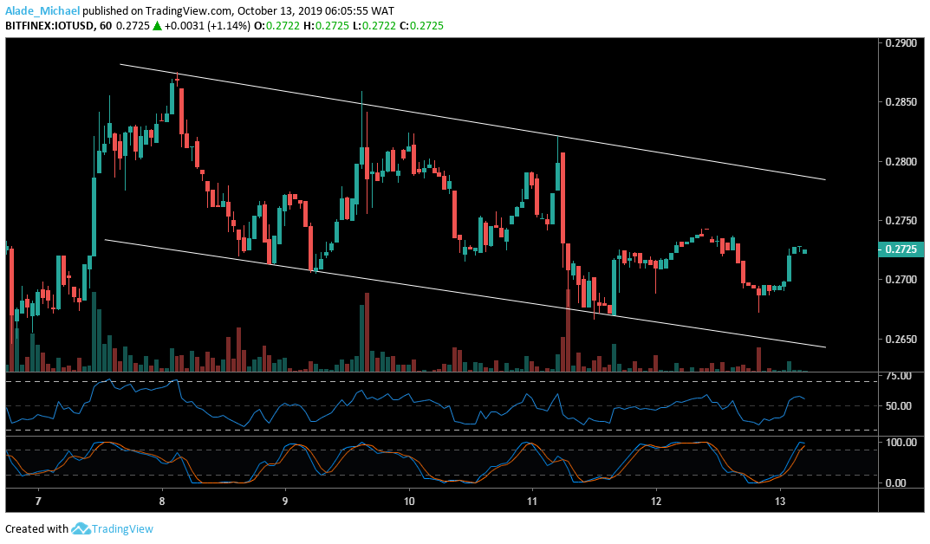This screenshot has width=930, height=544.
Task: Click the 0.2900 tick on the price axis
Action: pos(900,43)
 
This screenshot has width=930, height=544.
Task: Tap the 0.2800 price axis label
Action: pos(900,162)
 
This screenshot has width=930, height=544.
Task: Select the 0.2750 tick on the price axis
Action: pos(900,221)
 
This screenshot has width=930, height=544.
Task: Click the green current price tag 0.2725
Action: pos(901,249)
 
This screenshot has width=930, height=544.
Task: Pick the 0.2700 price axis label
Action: pos(900,280)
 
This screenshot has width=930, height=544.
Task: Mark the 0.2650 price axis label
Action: pos(900,339)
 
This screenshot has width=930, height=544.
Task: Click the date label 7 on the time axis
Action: pos(39,502)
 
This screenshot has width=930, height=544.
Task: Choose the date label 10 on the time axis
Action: pos(409,502)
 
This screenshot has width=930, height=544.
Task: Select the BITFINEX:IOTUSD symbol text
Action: pos(51,27)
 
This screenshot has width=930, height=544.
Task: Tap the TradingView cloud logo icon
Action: pos(82,528)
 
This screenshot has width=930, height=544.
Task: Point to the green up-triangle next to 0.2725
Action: pos(157,27)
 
